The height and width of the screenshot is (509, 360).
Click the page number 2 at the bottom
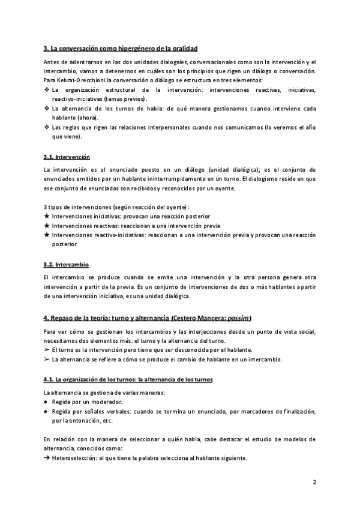(314, 482)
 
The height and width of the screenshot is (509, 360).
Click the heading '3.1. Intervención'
(67, 157)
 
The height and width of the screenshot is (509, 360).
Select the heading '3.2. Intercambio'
(67, 264)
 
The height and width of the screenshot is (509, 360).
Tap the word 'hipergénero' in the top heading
(138, 48)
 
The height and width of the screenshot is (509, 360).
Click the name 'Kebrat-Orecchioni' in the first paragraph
(71, 80)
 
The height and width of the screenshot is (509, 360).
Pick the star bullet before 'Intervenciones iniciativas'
(47, 215)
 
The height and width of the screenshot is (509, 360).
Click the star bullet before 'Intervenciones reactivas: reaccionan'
(47, 225)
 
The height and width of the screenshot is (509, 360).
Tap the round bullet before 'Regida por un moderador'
(47, 401)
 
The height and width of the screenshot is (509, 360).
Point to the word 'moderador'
(106, 401)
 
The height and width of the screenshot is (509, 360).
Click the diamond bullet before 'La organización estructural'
(47, 89)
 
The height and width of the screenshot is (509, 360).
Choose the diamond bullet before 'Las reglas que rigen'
(47, 128)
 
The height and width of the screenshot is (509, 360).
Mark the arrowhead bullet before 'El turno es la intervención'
(47, 350)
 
